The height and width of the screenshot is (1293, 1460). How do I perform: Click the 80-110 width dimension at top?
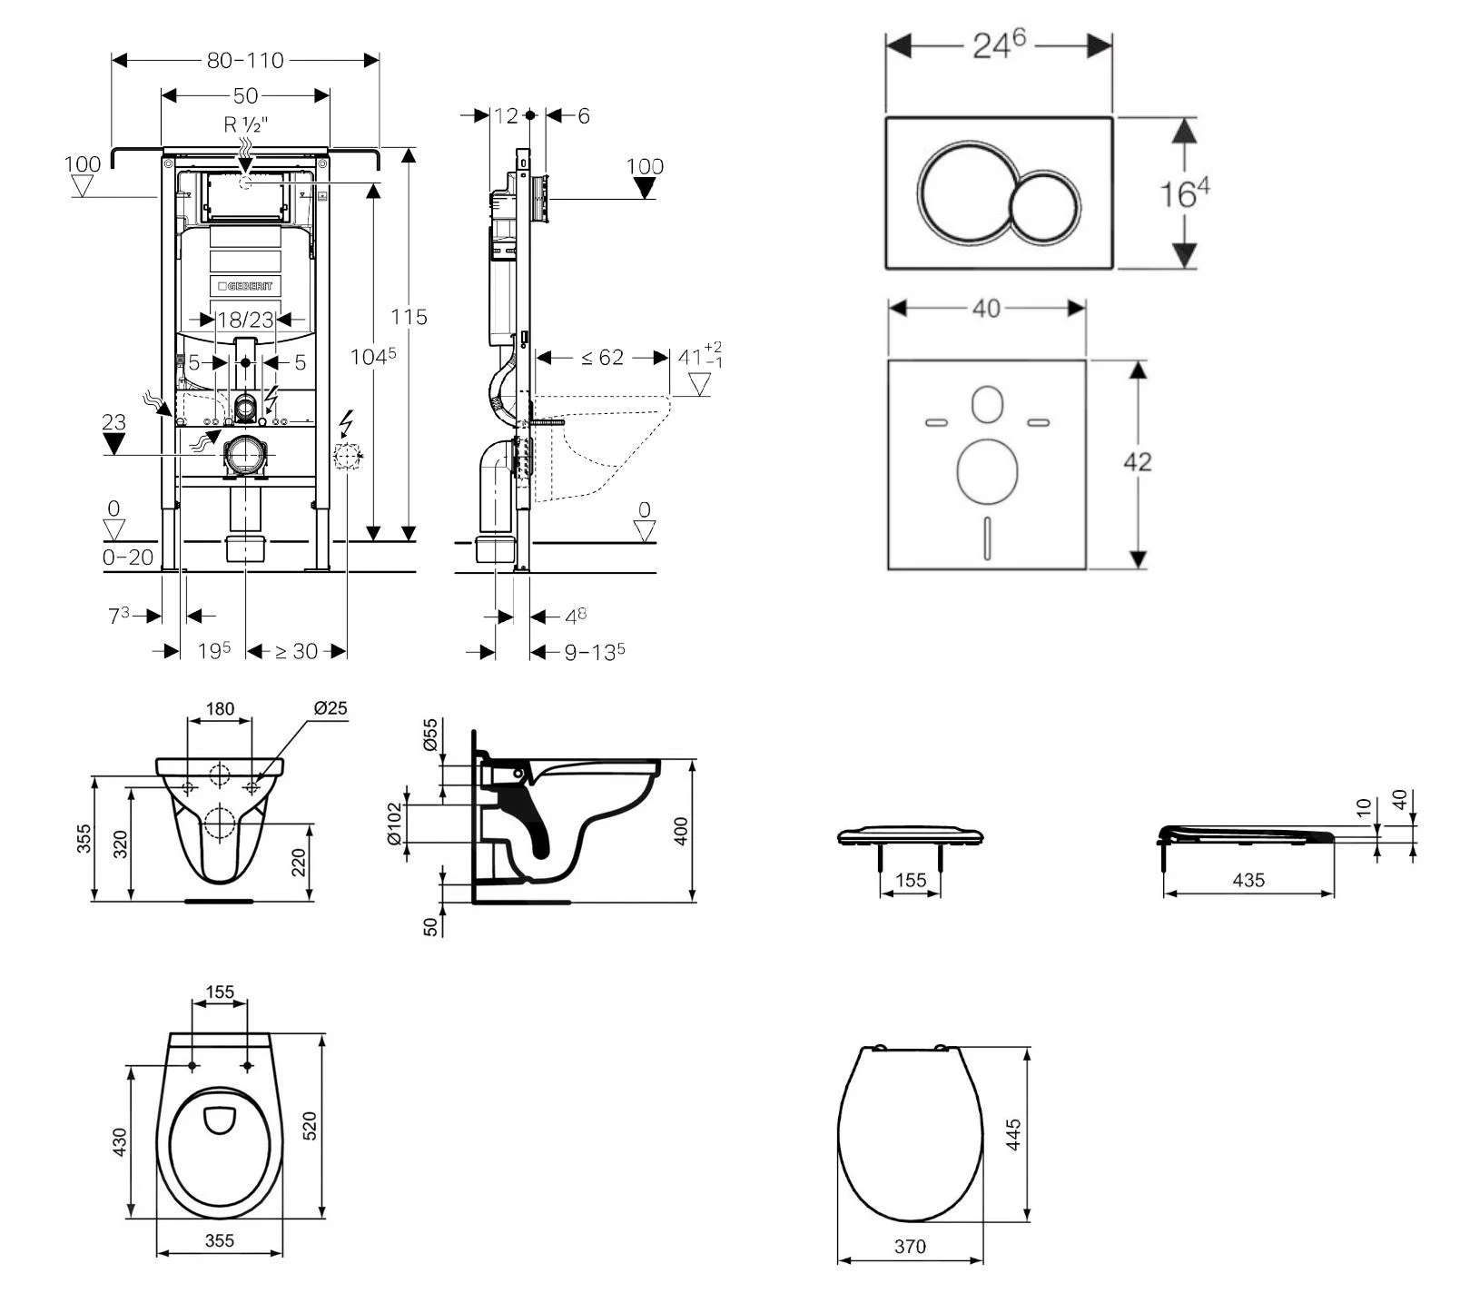245,60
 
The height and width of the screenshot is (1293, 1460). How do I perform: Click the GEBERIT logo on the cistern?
245,286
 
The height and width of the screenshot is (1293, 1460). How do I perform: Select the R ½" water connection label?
245,124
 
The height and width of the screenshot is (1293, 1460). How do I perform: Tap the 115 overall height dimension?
409,317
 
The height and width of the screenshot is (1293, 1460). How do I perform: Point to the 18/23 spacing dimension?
245,320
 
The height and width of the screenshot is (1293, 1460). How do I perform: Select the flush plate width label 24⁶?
998,44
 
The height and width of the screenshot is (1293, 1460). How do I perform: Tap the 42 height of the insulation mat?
1137,462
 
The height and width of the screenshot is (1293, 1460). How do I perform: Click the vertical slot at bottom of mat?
986,538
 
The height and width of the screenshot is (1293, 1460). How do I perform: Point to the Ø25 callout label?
330,707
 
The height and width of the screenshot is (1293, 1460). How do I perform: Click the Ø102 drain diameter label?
394,823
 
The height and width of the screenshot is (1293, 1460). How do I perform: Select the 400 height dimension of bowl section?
681,831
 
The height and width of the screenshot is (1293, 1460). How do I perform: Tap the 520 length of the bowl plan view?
309,1126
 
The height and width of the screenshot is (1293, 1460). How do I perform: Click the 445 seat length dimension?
1013,1135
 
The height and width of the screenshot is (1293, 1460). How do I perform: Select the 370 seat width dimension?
910,1247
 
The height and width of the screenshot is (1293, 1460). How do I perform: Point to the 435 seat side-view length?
1248,880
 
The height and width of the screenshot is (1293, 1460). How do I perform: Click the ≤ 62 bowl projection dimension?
602,358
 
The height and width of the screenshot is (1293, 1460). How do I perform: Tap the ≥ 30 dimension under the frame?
296,651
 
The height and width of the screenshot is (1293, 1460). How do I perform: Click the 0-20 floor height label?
127,558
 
